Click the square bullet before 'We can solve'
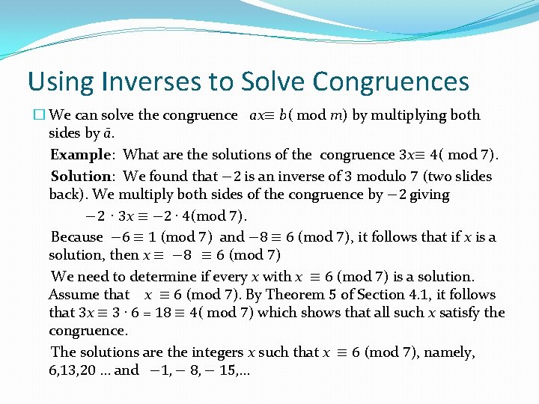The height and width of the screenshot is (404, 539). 40,116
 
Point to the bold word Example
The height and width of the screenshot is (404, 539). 80,155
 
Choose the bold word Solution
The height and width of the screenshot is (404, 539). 80,177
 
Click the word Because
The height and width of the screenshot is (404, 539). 76,237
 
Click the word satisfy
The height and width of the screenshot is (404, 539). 478,313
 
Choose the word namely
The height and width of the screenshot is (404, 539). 450,352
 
